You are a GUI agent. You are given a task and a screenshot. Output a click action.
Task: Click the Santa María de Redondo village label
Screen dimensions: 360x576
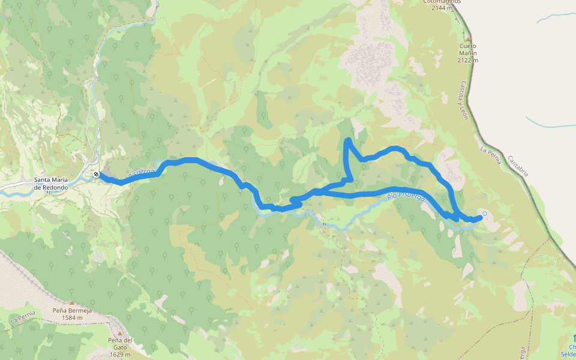[x=50, y=183]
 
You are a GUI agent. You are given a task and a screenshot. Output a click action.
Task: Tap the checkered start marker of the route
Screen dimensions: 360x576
[x=96, y=175]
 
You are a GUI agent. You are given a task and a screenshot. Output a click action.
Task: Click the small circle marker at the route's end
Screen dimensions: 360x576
[x=484, y=214]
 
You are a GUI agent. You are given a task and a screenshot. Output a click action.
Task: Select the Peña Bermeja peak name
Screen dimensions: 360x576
[x=71, y=310]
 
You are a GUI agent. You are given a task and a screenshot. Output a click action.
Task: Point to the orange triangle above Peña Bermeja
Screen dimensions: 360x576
[x=71, y=302]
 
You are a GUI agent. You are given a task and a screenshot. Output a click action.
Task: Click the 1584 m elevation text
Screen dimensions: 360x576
[x=71, y=317]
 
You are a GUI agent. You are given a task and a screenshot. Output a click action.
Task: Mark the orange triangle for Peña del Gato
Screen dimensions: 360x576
[x=119, y=333]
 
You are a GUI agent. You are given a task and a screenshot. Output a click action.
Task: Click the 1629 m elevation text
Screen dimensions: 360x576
[x=119, y=354]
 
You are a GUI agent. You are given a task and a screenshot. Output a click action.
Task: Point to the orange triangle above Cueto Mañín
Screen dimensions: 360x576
[x=468, y=39]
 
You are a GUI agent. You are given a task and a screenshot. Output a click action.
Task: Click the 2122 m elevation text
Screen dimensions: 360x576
[x=468, y=60]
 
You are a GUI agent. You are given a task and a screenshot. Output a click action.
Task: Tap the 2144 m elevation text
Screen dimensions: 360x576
[x=442, y=8]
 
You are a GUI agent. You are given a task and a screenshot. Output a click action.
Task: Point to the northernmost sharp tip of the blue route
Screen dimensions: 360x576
[x=348, y=140]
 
